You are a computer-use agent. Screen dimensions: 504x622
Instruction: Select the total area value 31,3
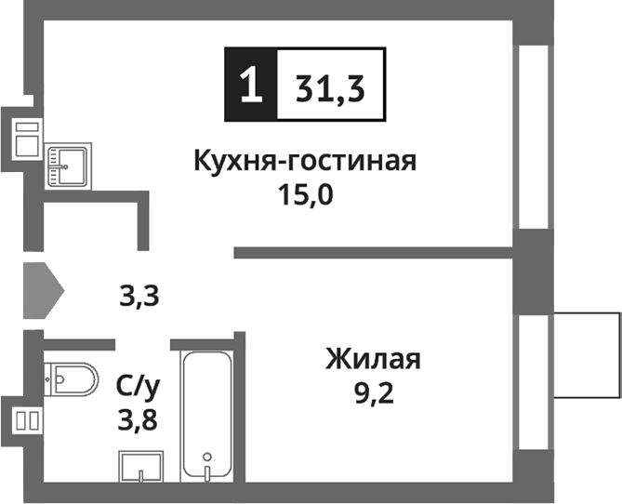(x=330, y=89)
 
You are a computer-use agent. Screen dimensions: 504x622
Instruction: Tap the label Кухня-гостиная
(x=304, y=162)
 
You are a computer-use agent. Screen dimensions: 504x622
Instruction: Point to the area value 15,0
(x=304, y=197)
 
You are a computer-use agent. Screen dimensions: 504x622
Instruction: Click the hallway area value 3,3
(x=139, y=297)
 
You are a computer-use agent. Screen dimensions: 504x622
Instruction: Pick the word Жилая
(x=373, y=358)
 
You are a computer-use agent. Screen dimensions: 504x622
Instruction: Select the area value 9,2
(x=373, y=394)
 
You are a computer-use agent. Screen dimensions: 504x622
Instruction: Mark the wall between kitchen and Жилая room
(x=372, y=252)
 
